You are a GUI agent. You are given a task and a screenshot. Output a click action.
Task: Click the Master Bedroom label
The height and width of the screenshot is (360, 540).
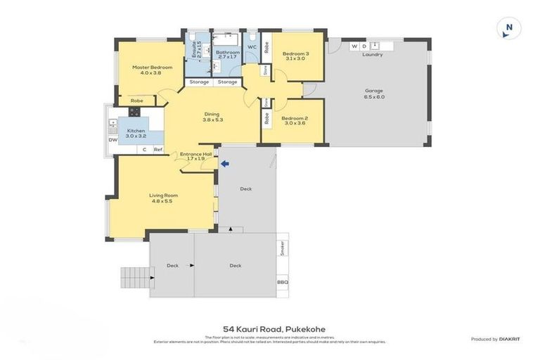point(147,67)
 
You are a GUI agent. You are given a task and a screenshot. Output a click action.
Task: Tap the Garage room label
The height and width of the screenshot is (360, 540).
point(374,90)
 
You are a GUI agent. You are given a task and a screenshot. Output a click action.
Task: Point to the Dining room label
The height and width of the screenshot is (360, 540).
point(212,114)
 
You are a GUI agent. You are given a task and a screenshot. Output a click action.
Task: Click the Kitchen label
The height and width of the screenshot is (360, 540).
point(136,131)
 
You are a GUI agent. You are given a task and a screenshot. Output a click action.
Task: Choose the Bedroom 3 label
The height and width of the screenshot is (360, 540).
point(295,53)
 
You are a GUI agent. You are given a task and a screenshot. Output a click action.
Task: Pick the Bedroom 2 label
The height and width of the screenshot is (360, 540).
point(295,119)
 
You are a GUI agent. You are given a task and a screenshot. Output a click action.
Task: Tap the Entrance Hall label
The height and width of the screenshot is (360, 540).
point(195,154)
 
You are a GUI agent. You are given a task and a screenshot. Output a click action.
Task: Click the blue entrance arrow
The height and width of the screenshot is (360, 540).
point(226,165)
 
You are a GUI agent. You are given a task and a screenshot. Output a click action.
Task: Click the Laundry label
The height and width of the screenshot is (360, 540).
point(373,54)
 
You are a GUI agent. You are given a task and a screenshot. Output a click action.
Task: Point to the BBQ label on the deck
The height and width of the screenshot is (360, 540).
point(283,283)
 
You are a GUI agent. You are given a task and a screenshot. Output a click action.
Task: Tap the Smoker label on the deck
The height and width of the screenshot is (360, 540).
point(283,247)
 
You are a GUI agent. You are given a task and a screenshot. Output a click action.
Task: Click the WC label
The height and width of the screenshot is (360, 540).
point(251,47)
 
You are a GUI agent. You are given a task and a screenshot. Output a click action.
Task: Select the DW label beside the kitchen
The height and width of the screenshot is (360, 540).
point(112,140)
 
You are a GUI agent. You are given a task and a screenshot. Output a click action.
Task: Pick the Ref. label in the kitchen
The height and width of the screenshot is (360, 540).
point(158,149)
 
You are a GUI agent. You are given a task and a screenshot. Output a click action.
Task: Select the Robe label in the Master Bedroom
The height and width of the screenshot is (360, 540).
point(137,101)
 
